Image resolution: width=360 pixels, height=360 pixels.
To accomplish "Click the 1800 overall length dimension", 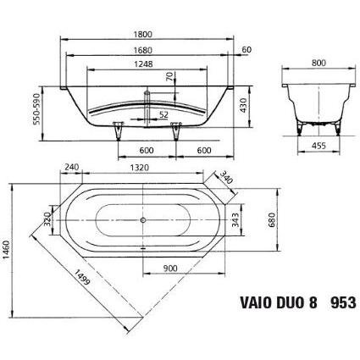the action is (x=142, y=34).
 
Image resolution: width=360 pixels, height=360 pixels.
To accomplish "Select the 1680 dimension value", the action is (x=142, y=50).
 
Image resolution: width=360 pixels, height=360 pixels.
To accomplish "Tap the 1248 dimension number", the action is (x=143, y=64).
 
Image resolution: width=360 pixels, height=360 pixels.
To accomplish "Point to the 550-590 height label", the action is (x=37, y=108).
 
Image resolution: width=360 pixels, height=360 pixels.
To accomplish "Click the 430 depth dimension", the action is (x=244, y=105).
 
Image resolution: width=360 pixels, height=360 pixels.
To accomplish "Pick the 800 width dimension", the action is (x=318, y=63).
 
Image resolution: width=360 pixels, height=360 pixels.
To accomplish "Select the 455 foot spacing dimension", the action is (x=318, y=146).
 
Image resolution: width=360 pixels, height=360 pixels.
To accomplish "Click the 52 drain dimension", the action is (x=163, y=114).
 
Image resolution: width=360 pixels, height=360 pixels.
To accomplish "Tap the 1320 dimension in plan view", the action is (x=139, y=168).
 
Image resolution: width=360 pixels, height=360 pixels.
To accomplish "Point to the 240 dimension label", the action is (x=72, y=167).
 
